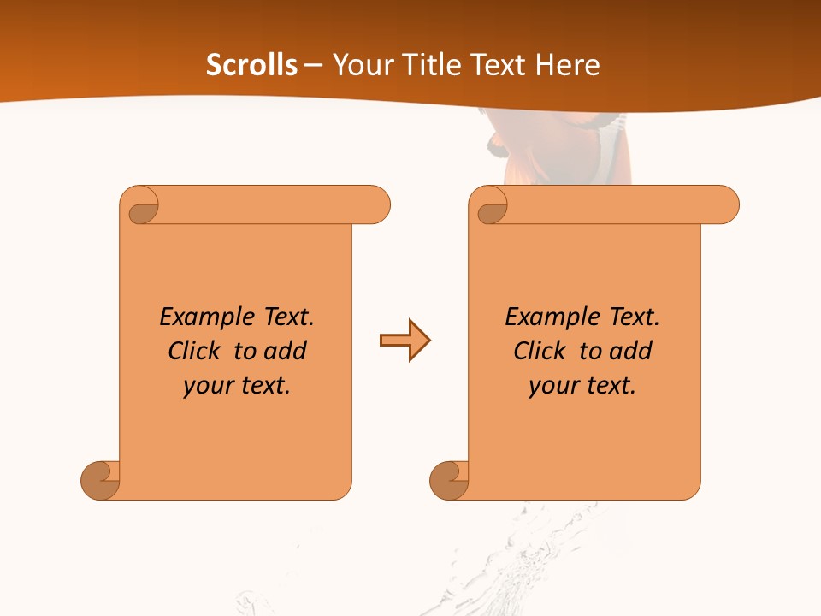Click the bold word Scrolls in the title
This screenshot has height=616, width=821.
click(x=251, y=65)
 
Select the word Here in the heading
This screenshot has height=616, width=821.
click(x=566, y=65)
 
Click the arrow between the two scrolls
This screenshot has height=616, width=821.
click(x=405, y=341)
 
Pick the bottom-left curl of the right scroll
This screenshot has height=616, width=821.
click(x=449, y=479)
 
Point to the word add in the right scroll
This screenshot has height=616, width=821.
click(x=629, y=351)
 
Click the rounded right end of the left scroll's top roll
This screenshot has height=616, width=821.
click(x=376, y=205)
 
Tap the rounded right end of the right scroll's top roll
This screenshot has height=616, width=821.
click(x=725, y=205)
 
